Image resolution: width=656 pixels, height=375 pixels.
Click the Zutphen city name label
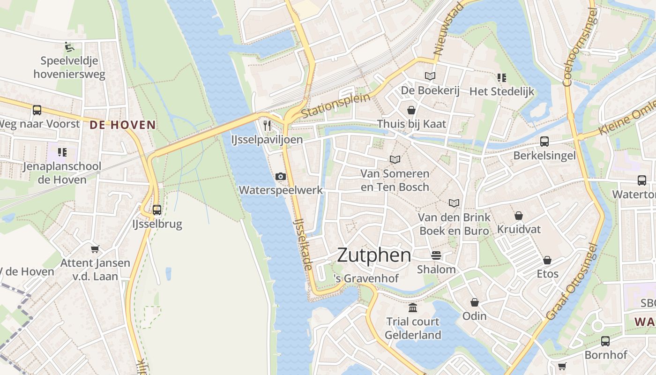(x=374, y=255)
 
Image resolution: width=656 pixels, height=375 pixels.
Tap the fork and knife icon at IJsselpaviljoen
(x=267, y=125)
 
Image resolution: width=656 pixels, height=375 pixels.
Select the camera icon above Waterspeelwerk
(x=281, y=176)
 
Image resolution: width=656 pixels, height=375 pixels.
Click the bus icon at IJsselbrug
(x=157, y=210)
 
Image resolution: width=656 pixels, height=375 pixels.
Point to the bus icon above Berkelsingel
(x=544, y=141)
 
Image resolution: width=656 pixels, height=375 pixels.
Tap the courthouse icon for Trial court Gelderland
(x=413, y=307)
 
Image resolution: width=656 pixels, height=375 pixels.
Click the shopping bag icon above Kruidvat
(x=519, y=216)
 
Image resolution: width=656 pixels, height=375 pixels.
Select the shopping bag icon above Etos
(x=547, y=260)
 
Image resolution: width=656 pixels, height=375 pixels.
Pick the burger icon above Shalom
(x=436, y=255)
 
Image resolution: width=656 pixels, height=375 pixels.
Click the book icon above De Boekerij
(x=430, y=76)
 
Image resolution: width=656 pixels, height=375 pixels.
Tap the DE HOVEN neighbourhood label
(x=122, y=125)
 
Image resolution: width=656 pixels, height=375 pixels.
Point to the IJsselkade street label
(x=303, y=244)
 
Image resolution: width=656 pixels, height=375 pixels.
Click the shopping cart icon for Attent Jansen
(x=95, y=249)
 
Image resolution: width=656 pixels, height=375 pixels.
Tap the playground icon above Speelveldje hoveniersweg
(x=69, y=46)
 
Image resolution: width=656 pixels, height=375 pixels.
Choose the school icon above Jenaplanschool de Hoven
(x=62, y=152)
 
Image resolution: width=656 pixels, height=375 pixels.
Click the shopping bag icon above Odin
(x=475, y=302)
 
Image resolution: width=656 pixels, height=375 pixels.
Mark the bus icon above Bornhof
(x=605, y=341)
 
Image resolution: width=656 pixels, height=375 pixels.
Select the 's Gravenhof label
(x=366, y=278)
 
